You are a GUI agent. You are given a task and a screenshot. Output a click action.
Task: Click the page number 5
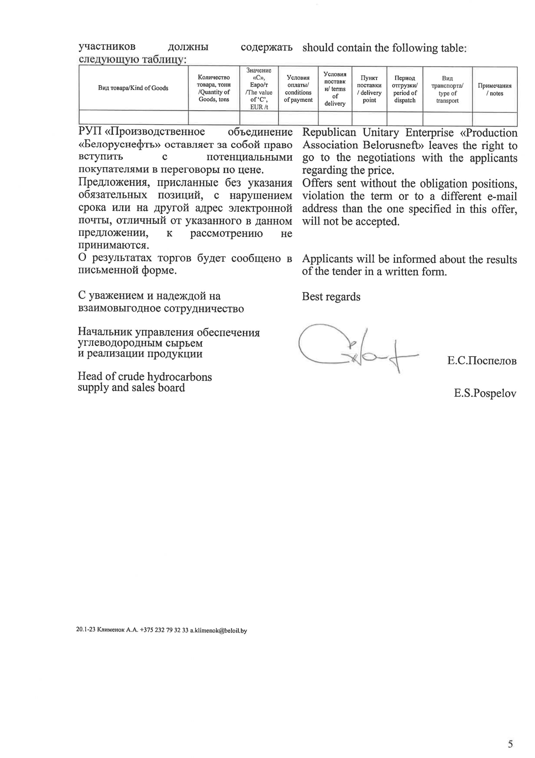[510, 743]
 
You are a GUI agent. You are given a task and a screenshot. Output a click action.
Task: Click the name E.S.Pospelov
[485, 393]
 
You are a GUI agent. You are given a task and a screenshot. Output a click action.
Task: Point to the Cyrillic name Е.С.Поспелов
[482, 360]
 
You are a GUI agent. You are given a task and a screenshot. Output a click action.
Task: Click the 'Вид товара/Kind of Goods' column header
[133, 88]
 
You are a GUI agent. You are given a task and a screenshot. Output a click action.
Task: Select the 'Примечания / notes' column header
[494, 90]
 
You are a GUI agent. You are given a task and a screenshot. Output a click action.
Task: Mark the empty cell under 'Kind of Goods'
[133, 117]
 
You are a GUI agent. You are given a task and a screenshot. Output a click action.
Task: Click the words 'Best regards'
[331, 297]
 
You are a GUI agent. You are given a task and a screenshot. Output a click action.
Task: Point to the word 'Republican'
[329, 132]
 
